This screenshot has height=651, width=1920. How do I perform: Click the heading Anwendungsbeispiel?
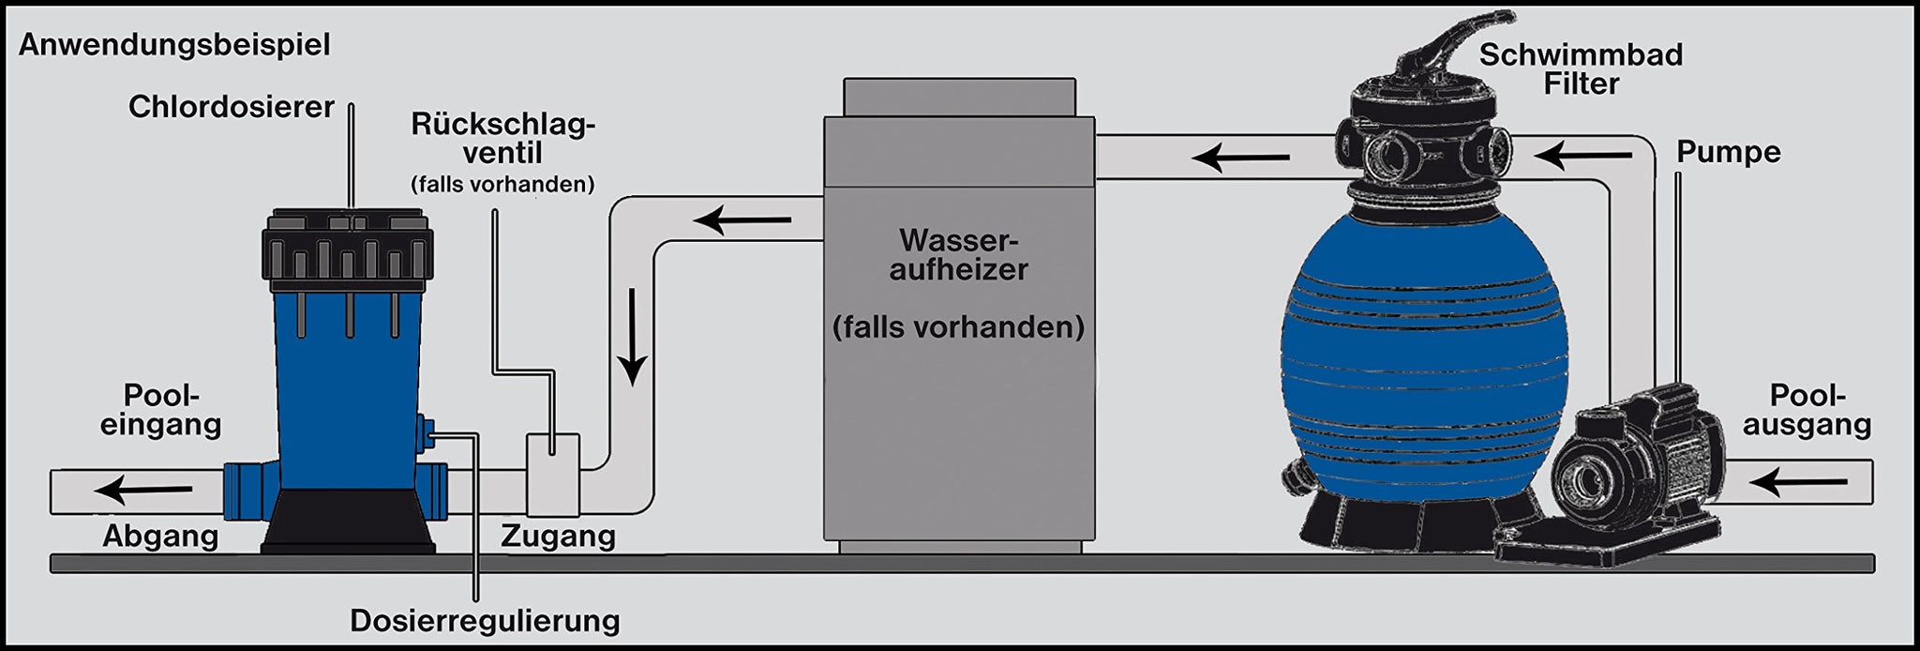point(174,45)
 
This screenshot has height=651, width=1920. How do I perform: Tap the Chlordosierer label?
point(231,108)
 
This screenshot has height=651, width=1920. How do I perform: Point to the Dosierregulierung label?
point(485,621)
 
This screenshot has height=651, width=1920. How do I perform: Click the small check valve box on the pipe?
point(552,474)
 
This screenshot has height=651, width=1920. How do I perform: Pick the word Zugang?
point(558,537)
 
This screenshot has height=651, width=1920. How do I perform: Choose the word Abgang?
point(160,537)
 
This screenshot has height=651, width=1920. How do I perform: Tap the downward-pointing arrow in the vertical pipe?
point(634,337)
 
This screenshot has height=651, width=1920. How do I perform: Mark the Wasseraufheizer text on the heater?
point(958,255)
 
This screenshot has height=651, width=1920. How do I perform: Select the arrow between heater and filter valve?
point(1240,157)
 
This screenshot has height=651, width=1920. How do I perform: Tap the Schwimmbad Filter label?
point(1581,69)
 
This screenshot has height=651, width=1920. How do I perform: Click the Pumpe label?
point(1728,152)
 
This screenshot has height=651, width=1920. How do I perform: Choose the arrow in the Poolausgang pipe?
point(1797,483)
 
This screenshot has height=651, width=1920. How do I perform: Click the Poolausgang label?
point(1807,411)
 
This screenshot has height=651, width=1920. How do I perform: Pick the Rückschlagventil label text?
point(502,139)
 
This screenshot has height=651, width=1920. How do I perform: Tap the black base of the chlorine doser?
point(347,521)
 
